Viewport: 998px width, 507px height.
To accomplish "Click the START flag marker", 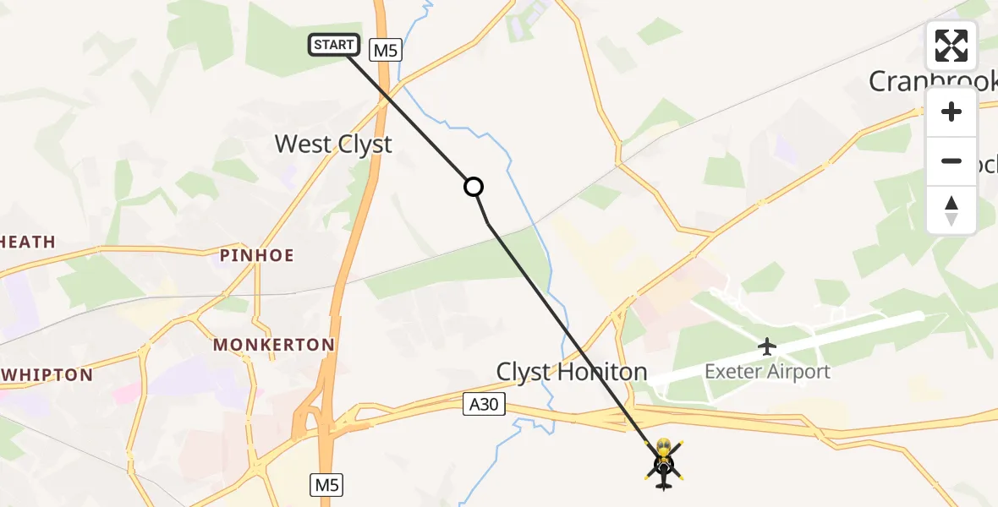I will (335, 45).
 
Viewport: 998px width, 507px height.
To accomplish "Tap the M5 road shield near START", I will (385, 51).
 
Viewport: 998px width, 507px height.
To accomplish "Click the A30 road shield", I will (484, 406).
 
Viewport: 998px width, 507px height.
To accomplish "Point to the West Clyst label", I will (333, 144).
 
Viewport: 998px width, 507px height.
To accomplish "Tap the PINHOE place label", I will (256, 255).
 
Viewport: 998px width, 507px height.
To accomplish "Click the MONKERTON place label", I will (274, 345).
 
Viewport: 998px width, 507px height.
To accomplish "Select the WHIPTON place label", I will (46, 374).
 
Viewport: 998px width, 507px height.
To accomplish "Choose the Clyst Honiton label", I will (572, 372).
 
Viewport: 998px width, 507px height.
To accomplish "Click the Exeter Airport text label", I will (768, 372).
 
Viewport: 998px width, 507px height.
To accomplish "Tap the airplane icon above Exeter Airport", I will (767, 346).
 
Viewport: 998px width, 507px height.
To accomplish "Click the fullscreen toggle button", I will (951, 46).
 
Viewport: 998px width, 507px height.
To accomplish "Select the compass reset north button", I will (951, 210).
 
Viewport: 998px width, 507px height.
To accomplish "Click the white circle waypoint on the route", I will (474, 187).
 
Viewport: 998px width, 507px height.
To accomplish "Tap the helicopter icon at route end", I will (663, 464).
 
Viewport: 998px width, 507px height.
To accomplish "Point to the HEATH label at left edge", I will (27, 243).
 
